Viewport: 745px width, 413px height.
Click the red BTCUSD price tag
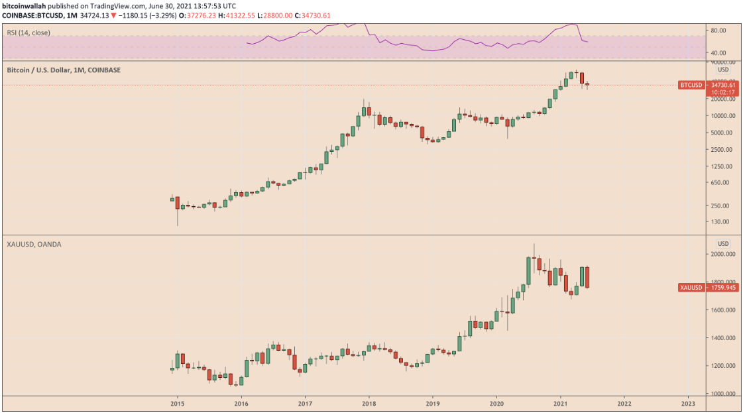[691, 85]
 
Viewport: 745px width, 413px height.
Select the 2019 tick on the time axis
[433, 402]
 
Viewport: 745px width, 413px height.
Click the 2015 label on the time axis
[177, 402]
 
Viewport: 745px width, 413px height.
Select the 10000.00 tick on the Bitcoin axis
[723, 116]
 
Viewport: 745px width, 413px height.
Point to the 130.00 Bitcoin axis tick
[722, 221]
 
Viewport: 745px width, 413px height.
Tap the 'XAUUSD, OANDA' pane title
[33, 245]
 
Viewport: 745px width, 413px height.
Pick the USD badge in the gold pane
[723, 243]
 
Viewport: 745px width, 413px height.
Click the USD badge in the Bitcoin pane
[723, 70]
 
